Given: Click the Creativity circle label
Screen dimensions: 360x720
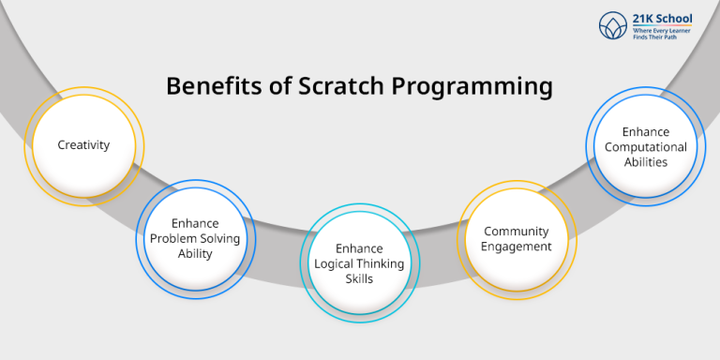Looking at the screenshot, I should click(x=83, y=145).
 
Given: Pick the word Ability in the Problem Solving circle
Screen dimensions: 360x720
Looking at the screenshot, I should click(x=195, y=254).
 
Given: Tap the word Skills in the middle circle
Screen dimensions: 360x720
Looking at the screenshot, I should click(x=359, y=279).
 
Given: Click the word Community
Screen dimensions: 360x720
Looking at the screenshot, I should click(x=517, y=232).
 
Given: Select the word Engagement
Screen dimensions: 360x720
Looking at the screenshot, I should click(x=517, y=247).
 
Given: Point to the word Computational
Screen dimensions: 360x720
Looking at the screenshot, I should click(x=645, y=147).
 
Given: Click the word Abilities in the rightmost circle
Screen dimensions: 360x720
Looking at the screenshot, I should click(x=645, y=162).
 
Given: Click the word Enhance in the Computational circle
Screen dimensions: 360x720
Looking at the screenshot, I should click(x=645, y=132).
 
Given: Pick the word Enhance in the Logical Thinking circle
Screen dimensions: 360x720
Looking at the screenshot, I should click(x=359, y=248).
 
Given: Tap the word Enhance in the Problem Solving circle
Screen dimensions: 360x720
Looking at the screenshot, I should click(x=195, y=224).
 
